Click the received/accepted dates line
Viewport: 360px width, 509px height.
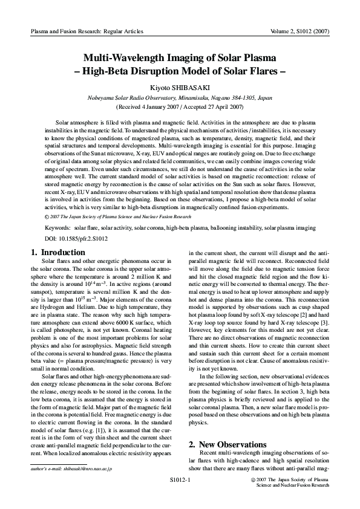click(x=180, y=107)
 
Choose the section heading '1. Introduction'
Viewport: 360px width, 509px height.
click(x=57, y=251)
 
